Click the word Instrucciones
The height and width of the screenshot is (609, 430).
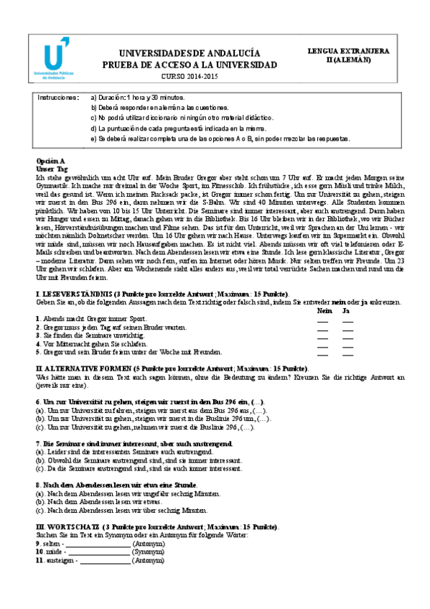click(58, 96)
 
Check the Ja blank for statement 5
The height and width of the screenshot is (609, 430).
click(347, 354)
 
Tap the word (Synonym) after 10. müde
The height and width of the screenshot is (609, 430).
click(148, 553)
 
